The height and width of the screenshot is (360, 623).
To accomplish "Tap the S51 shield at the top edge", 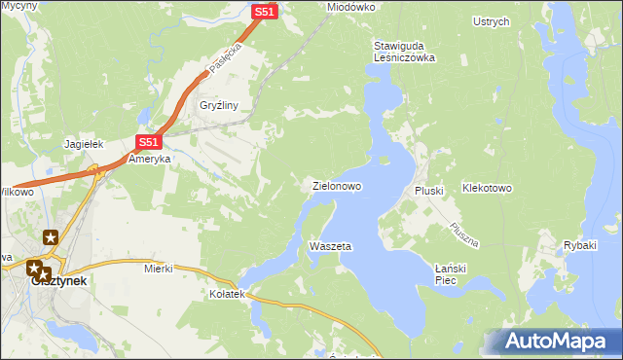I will click(x=265, y=12).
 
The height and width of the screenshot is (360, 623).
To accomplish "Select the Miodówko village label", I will click(x=351, y=7).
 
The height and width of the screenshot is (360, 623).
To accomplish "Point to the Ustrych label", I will click(x=491, y=21).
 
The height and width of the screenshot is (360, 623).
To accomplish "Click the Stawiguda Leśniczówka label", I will click(x=404, y=52).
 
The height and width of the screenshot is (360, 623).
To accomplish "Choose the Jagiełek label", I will click(x=84, y=144).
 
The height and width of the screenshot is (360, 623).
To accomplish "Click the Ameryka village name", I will click(x=150, y=159).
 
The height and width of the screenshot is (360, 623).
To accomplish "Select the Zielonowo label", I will click(x=337, y=185).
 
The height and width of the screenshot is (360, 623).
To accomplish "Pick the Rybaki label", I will click(x=579, y=245).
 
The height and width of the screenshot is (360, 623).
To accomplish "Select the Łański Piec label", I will click(x=453, y=274).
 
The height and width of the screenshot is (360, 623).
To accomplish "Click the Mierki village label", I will click(x=158, y=268).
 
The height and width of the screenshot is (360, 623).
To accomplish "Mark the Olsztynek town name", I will click(x=58, y=280).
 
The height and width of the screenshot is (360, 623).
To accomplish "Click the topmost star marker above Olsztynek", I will click(x=51, y=236).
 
